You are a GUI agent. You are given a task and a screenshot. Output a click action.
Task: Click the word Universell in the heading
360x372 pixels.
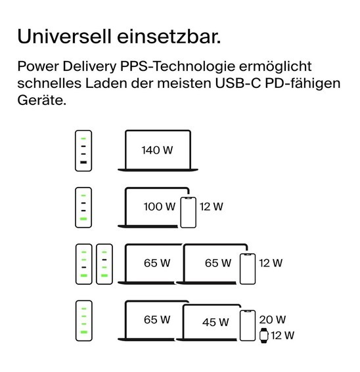(x=64, y=36)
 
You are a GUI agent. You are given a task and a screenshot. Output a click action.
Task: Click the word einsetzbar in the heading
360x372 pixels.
(x=169, y=36)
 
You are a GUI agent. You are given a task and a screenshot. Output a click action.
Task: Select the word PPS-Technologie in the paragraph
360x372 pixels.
(x=177, y=67)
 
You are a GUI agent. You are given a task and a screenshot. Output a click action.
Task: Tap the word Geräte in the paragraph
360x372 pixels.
(x=41, y=100)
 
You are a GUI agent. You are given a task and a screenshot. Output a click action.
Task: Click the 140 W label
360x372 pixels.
(x=157, y=150)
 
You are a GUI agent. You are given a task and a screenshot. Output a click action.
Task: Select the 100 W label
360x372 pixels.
(x=160, y=207)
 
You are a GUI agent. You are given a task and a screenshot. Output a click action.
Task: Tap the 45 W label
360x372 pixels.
(x=215, y=322)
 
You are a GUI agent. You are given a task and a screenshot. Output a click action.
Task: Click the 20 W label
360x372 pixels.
(x=273, y=320)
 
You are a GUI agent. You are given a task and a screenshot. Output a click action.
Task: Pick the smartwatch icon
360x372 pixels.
(x=263, y=335)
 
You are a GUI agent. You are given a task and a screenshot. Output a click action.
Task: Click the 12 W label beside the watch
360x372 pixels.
(x=282, y=335)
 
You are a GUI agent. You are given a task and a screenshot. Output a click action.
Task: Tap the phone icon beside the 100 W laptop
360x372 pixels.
(x=188, y=213)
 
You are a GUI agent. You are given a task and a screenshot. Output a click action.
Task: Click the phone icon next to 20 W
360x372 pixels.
(x=248, y=325)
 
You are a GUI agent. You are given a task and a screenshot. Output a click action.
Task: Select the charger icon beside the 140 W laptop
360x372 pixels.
(x=83, y=151)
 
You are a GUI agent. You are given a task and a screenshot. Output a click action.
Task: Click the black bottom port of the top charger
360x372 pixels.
(x=83, y=162)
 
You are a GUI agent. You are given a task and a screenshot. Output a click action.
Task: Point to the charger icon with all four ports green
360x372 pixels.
(x=84, y=321)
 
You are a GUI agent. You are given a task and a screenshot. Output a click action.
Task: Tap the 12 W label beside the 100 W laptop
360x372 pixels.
(x=212, y=207)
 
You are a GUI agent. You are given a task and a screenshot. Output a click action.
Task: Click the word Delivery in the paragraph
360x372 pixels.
(x=89, y=67)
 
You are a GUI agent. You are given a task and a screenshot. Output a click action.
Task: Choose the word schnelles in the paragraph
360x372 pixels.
(x=49, y=83)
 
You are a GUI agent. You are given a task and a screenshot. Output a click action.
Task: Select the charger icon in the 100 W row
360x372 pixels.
(x=83, y=207)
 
